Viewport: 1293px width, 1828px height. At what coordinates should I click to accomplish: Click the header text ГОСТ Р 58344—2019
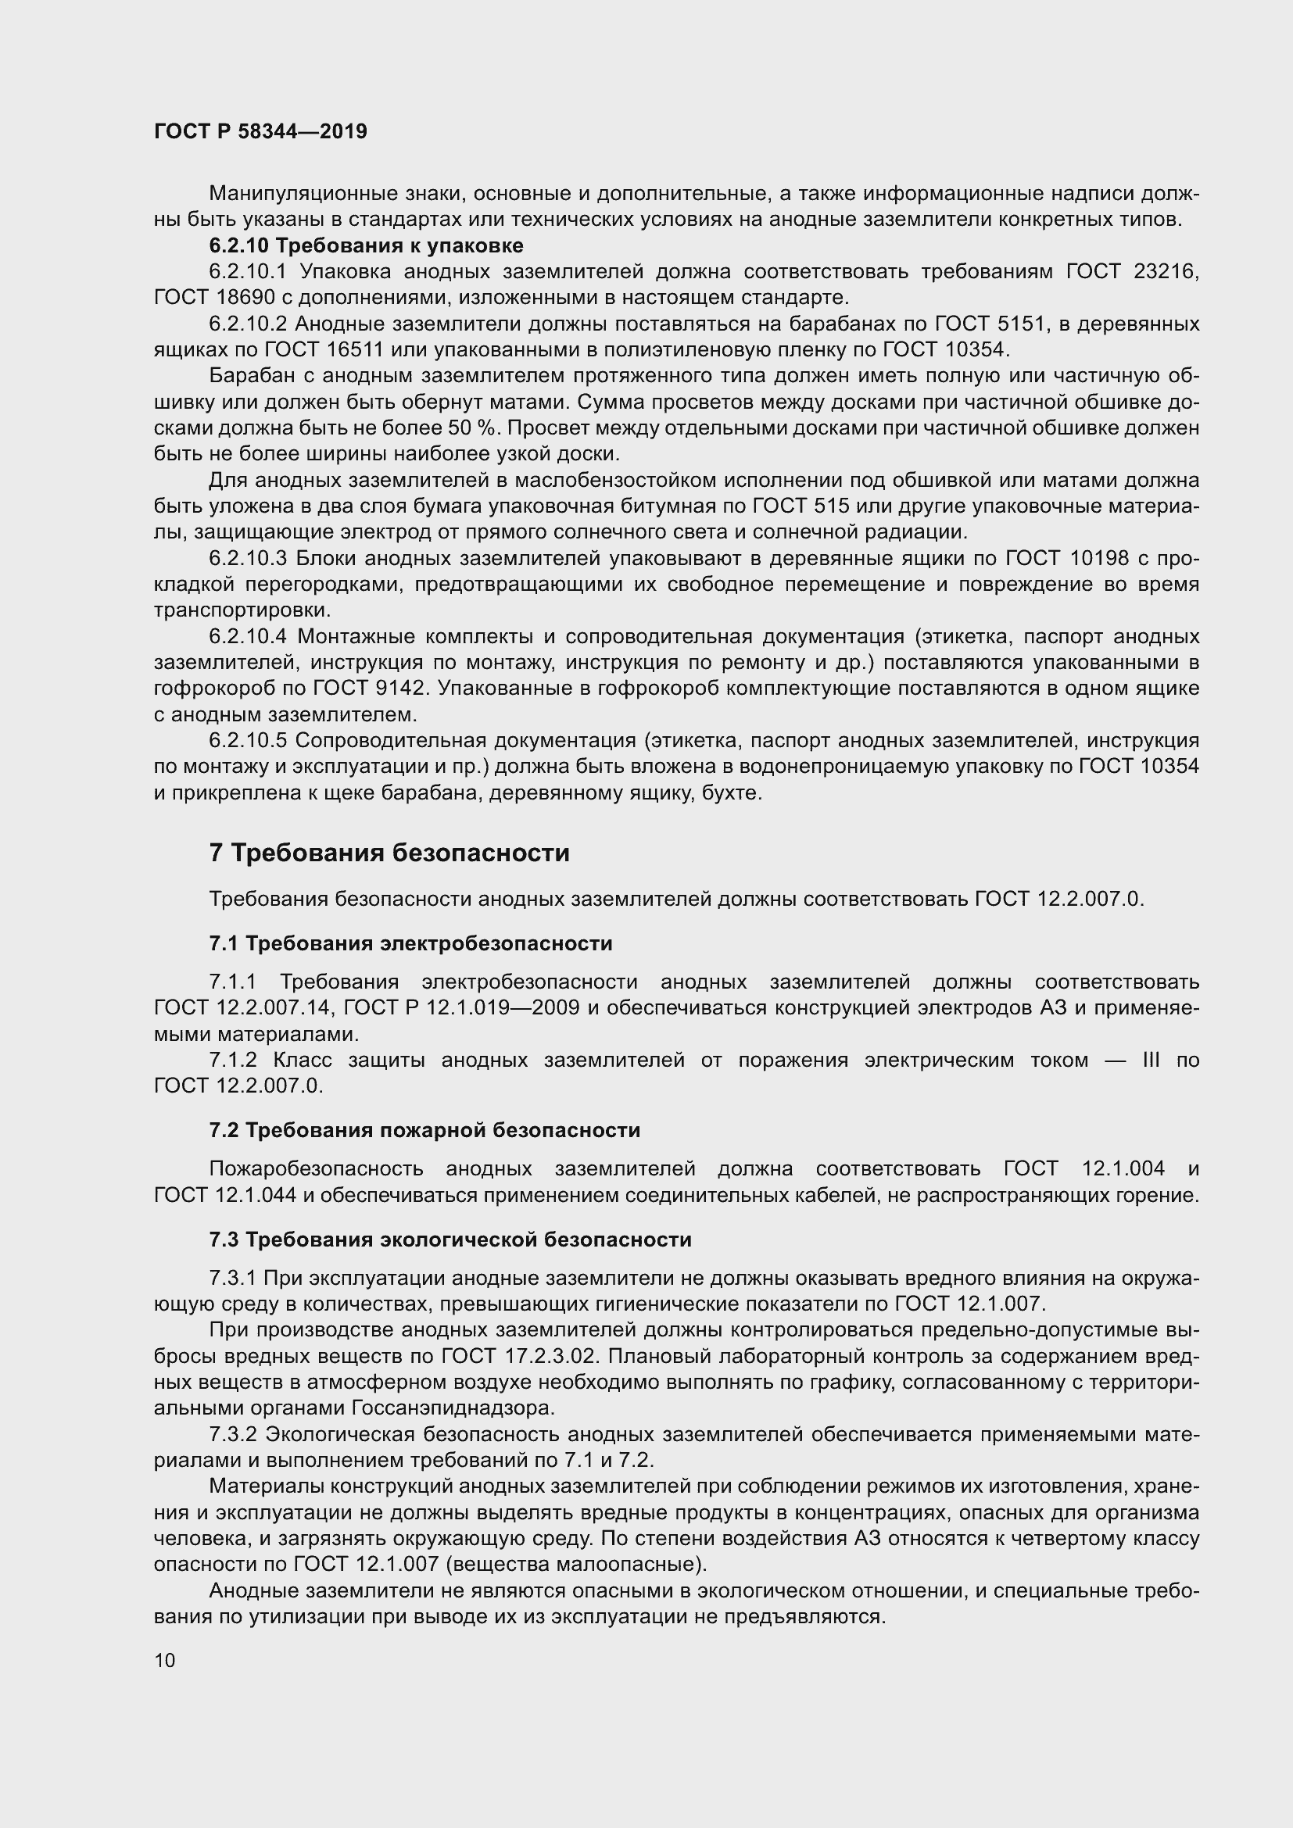pos(260,132)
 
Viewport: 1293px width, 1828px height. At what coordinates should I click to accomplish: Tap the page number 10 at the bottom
pos(165,1660)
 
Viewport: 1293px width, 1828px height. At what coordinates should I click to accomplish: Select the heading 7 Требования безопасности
pos(389,853)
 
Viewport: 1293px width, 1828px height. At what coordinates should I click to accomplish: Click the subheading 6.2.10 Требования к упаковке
pos(366,245)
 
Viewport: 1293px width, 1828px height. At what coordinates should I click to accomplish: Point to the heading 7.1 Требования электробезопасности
pos(411,943)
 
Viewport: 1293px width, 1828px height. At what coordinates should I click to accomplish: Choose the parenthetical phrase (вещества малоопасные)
pos(575,1565)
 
